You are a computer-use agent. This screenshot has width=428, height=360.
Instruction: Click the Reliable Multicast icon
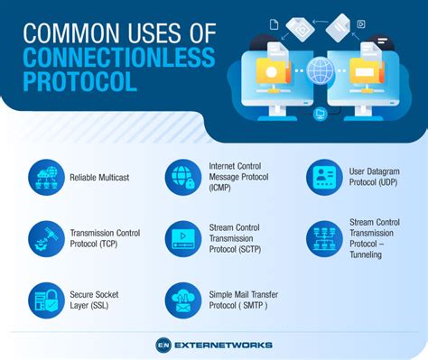click(x=46, y=178)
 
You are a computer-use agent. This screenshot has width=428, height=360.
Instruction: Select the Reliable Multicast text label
click(x=99, y=178)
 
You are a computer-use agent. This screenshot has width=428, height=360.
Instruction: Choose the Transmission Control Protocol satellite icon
click(x=46, y=238)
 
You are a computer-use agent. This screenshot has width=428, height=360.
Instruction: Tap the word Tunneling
click(x=368, y=254)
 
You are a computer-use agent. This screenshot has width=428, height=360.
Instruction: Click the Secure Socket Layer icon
click(x=46, y=300)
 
